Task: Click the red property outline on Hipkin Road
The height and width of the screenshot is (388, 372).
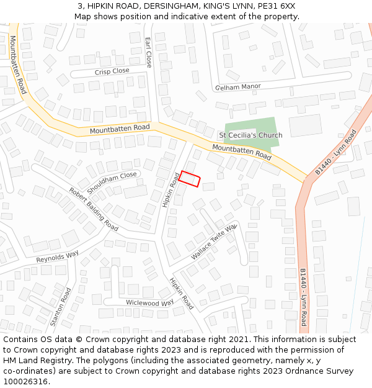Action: tap(190, 179)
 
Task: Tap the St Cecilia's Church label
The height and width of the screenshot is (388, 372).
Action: tap(250, 135)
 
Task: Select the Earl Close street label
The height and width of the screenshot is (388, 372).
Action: tap(148, 52)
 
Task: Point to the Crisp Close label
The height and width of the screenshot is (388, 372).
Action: tap(112, 71)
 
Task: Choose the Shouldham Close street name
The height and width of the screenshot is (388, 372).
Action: tap(112, 179)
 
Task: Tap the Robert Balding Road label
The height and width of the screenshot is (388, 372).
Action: tap(94, 209)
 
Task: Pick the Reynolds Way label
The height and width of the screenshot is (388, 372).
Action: tap(57, 256)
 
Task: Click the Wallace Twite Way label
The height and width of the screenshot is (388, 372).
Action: tap(214, 243)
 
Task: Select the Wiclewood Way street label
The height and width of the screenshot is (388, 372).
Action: tap(150, 303)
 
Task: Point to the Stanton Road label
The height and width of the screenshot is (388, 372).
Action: tap(61, 307)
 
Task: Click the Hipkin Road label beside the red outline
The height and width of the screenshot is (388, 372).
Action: tap(170, 190)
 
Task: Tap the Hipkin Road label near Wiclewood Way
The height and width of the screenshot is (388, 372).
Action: tap(182, 293)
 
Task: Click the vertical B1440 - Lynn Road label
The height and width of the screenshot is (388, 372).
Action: tap(303, 297)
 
